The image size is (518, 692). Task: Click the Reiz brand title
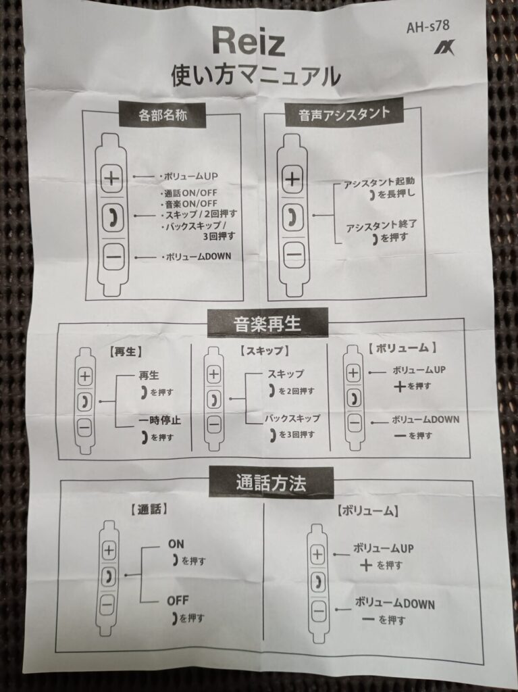(x=249, y=43)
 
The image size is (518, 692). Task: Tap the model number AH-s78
(x=428, y=28)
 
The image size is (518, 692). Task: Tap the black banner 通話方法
(x=271, y=483)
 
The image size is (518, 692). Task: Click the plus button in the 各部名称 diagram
(x=112, y=179)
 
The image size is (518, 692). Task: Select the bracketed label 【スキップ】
(x=265, y=351)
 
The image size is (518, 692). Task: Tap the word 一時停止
(x=160, y=421)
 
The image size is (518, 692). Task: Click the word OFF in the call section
(x=178, y=600)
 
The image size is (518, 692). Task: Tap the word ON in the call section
(x=176, y=543)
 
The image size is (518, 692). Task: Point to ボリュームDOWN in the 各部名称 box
(x=193, y=256)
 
